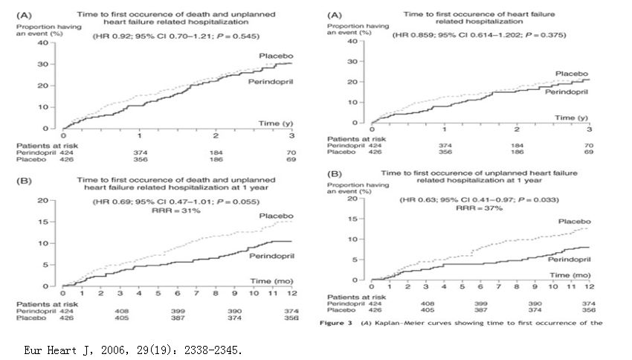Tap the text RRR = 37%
pos(468,209)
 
